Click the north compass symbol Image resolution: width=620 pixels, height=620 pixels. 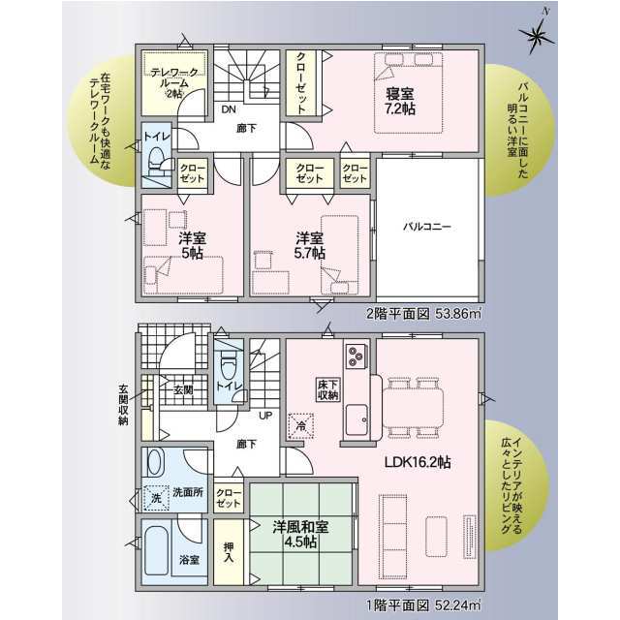[537, 37]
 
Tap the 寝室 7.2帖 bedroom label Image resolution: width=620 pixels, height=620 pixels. [400, 101]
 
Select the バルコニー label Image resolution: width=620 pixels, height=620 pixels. [427, 227]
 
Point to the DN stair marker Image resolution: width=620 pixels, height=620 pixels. [229, 109]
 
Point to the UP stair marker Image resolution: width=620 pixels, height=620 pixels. [265, 416]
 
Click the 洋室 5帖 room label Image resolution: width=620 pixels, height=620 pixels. [192, 245]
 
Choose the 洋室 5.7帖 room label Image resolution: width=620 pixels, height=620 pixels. [310, 245]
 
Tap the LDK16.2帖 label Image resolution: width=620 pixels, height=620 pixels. [418, 462]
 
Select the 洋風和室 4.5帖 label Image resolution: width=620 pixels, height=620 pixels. [300, 535]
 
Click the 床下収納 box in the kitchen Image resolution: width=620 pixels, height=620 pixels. [328, 389]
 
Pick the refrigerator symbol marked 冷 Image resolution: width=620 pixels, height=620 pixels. [300, 426]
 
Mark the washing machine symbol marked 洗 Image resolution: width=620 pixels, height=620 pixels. [156, 498]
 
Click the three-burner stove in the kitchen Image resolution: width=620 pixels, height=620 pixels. [356, 356]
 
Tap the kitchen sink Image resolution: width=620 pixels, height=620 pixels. [356, 419]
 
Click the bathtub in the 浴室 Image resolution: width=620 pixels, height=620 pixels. [157, 552]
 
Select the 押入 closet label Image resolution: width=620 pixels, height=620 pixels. [229, 552]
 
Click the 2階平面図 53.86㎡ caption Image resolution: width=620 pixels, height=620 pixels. [424, 314]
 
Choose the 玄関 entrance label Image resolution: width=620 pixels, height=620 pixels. [183, 389]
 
